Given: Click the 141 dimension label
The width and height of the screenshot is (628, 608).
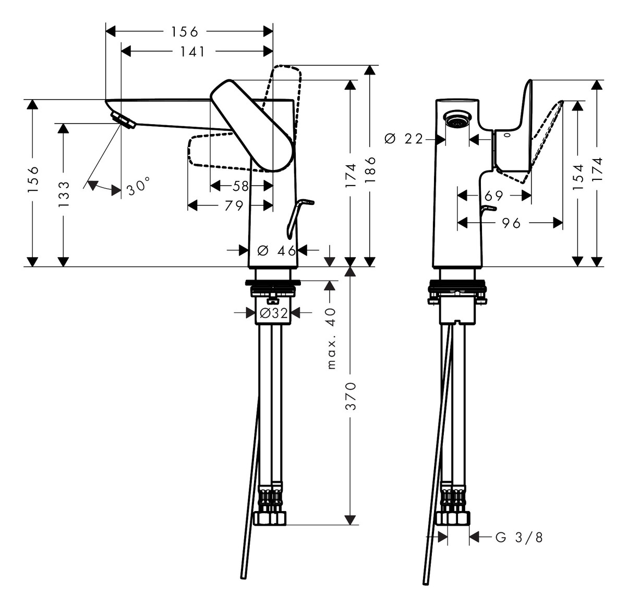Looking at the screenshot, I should (193, 51).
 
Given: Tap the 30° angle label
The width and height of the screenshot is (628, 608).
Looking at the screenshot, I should (138, 186).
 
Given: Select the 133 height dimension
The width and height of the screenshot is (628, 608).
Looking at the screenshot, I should (64, 194).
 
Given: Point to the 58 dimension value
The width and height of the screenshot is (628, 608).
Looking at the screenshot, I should (241, 186).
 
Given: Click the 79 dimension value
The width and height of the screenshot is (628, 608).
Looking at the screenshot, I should (234, 205).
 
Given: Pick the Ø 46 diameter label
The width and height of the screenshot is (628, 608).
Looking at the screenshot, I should (276, 251).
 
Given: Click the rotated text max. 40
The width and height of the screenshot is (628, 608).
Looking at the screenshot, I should (331, 338).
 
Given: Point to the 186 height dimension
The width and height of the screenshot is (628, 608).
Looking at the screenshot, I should (370, 169).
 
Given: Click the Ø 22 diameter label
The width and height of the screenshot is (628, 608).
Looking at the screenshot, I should (403, 139).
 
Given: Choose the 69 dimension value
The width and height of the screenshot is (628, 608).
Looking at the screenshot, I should (494, 196).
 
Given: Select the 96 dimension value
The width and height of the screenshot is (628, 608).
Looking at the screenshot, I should (511, 223).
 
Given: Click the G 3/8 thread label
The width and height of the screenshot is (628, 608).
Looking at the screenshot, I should (519, 537).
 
